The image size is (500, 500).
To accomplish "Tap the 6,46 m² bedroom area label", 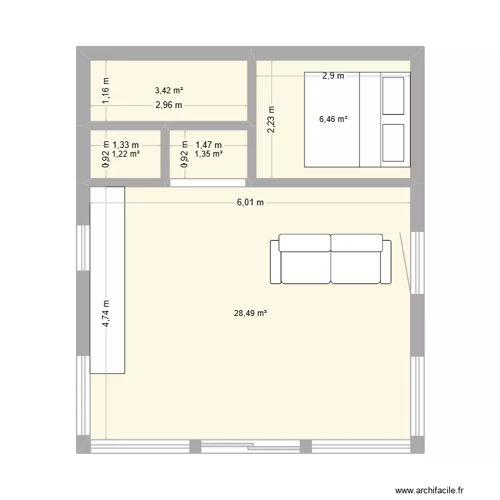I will point(333,120).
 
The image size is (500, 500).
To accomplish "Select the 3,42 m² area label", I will point(169,90).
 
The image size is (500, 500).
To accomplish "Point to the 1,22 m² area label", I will point(125,154).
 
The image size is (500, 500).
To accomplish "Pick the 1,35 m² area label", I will point(208,154).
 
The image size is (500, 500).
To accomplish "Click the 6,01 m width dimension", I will point(250,203).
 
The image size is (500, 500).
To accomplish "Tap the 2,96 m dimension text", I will point(169,105).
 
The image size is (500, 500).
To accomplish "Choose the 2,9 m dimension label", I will point(333,76).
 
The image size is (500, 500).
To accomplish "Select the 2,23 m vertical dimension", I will point(270,120).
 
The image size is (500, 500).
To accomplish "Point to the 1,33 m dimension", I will point(125,144).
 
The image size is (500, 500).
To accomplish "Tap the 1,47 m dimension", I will point(209,144).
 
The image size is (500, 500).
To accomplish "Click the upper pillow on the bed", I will point(393,96).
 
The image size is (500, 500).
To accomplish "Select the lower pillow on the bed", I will point(393,142).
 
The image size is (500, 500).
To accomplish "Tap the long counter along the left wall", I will point(107,280).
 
